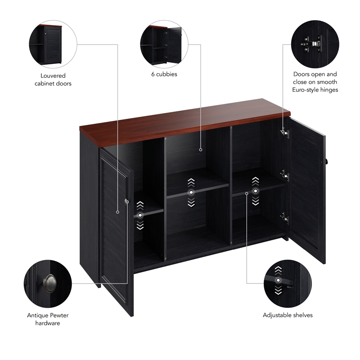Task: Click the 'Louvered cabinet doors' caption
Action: [53, 80]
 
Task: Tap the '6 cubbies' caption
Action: [164, 74]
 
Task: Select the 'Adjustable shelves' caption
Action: [288, 315]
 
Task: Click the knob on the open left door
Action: [126, 202]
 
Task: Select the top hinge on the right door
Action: [284, 132]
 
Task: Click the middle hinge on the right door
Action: [284, 174]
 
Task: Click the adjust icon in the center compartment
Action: [191, 193]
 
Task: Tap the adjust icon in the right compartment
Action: [256, 191]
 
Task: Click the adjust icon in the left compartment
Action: [140, 216]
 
